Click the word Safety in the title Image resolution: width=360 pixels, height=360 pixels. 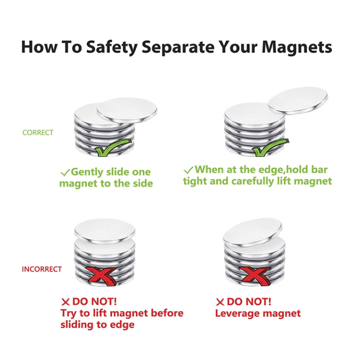(x=111, y=48)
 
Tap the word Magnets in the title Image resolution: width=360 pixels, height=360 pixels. (x=297, y=47)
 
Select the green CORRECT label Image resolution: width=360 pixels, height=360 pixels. (x=37, y=132)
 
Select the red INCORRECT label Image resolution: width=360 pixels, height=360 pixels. (x=42, y=269)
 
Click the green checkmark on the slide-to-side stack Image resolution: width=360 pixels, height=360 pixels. (x=113, y=148)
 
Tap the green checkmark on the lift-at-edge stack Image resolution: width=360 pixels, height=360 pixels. (x=270, y=148)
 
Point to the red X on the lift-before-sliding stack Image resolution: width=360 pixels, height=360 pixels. (x=100, y=276)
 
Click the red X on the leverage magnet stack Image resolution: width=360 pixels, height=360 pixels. (x=254, y=276)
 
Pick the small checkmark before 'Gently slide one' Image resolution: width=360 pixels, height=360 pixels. (x=65, y=172)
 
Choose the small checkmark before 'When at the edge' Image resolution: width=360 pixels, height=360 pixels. (x=188, y=170)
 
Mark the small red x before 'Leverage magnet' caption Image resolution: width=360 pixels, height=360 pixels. (x=220, y=302)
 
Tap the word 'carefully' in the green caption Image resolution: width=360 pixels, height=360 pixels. (x=253, y=181)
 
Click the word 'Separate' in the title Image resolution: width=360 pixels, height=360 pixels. (x=178, y=48)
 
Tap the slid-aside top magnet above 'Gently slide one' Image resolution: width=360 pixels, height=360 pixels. (x=127, y=110)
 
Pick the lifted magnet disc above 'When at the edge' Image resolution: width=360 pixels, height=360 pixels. (x=298, y=100)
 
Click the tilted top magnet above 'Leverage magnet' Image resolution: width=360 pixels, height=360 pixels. (x=252, y=232)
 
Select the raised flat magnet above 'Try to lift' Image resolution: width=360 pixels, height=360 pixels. (x=105, y=230)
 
